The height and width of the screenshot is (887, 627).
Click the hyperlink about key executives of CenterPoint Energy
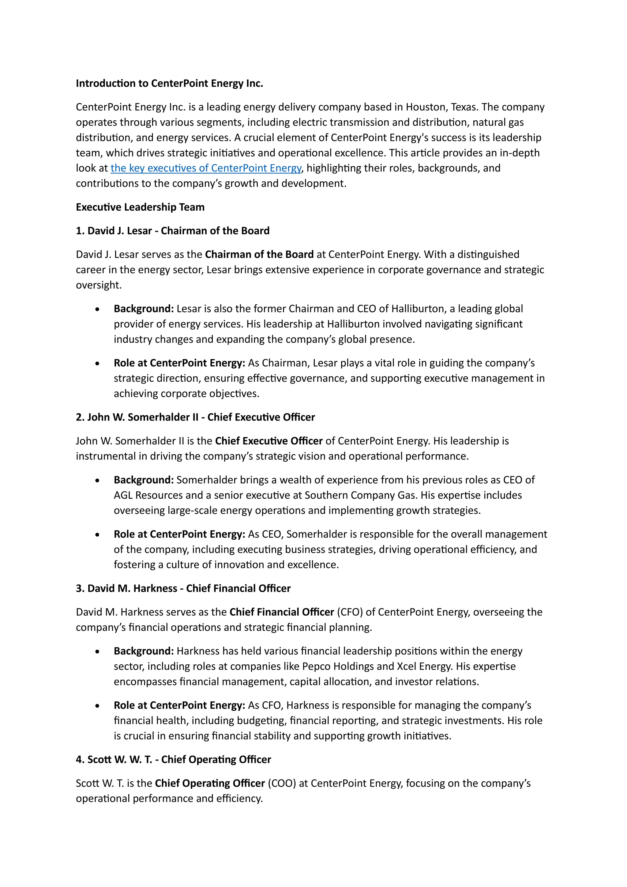(x=205, y=168)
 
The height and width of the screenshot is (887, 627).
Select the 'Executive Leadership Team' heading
(x=140, y=207)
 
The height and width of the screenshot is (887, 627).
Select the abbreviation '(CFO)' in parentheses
(x=350, y=612)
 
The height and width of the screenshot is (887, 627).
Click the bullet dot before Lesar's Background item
(x=97, y=309)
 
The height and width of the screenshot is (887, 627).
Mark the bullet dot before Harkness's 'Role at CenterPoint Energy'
(x=97, y=706)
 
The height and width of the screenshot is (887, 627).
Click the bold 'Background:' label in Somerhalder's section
(x=144, y=480)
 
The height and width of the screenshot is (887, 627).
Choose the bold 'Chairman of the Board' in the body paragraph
(x=259, y=255)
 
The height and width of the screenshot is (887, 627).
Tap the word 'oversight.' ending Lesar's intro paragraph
(x=99, y=285)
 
